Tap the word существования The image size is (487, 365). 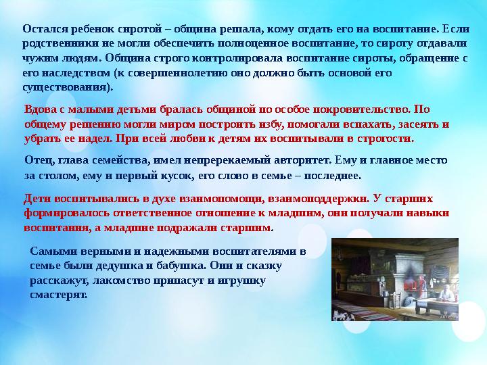(66, 87)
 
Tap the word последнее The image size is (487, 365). (332, 174)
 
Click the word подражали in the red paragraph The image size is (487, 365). (190, 228)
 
